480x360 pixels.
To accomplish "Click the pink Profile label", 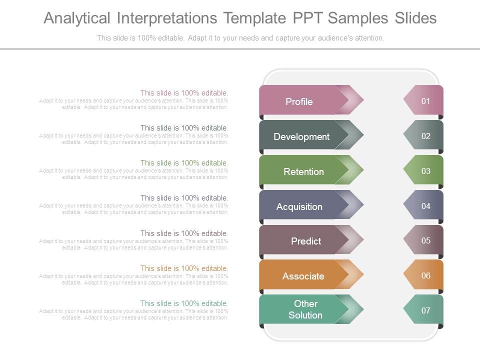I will [299, 101].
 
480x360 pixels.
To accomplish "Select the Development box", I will [301, 136].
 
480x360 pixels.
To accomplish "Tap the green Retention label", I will [303, 171].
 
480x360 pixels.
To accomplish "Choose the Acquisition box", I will [299, 206].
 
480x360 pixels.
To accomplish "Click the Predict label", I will [305, 241].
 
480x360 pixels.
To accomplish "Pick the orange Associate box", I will [303, 276].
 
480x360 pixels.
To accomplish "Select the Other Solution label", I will [305, 309].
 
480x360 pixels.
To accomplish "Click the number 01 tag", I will [425, 101].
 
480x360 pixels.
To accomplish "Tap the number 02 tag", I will [425, 136].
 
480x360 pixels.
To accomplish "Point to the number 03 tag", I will [425, 171].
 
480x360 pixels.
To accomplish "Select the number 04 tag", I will [425, 206].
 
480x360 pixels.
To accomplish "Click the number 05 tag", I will [425, 240].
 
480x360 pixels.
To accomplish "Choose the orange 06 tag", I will [425, 275].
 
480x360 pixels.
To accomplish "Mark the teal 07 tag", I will [425, 310].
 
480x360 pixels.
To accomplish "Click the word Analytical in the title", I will [76, 18].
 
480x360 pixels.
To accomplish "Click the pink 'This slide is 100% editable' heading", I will [184, 92].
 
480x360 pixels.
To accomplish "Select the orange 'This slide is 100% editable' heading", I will [184, 268].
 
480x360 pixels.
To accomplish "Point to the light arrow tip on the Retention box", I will [354, 169].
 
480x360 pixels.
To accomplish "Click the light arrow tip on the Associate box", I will [354, 274].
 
